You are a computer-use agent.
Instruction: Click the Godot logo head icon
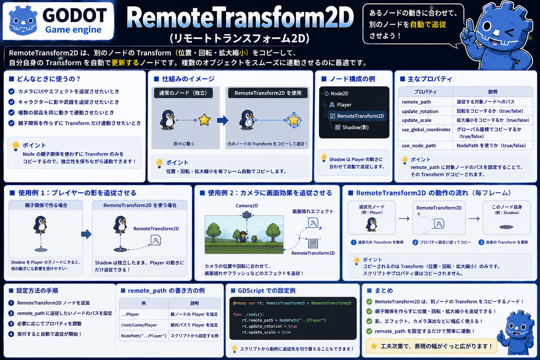[23, 20]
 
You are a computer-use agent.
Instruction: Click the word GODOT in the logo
[75, 15]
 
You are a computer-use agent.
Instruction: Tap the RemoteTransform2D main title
[240, 17]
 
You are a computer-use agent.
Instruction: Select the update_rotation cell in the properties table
[420, 111]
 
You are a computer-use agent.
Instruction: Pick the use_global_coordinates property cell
[426, 129]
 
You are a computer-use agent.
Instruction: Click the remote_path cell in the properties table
[416, 102]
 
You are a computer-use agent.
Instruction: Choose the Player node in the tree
[344, 105]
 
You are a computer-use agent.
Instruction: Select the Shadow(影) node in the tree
[355, 127]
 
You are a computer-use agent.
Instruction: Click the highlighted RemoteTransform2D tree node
[357, 116]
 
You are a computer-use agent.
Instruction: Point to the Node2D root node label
[339, 94]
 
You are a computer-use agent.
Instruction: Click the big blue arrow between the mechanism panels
[222, 120]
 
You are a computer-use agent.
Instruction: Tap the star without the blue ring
[204, 120]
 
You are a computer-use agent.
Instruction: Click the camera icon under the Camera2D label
[246, 214]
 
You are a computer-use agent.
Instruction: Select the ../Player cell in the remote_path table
[130, 314]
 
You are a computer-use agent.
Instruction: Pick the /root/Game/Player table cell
[139, 325]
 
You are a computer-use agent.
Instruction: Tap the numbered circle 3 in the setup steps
[11, 323]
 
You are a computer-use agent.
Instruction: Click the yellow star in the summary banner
[374, 346]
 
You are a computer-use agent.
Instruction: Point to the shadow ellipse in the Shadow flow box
[506, 227]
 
